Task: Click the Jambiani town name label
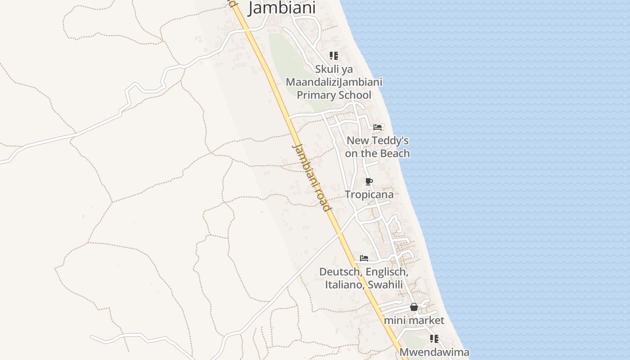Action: (x=282, y=8)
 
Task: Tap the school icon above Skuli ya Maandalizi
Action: (x=333, y=56)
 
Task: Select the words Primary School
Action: (x=334, y=95)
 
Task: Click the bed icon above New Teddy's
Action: (x=378, y=127)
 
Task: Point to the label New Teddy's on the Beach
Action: (x=378, y=147)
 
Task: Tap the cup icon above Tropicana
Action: (x=369, y=182)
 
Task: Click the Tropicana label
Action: (x=369, y=194)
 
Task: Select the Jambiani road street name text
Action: (x=312, y=178)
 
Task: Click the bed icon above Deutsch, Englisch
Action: (x=364, y=258)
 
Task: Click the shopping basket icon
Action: (x=414, y=307)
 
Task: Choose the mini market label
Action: (x=414, y=320)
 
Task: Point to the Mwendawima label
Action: (x=434, y=352)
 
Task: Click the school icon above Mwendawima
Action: (x=434, y=339)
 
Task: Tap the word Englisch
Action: (x=387, y=272)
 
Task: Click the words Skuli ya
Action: (x=334, y=69)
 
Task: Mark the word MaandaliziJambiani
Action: (x=334, y=82)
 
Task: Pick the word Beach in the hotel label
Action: (x=395, y=153)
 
